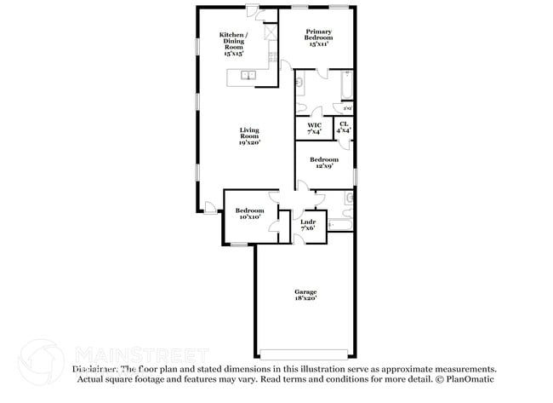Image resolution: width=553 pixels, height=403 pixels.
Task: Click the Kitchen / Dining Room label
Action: pyautogui.click(x=233, y=43)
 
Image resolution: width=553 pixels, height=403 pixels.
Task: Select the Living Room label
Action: pyautogui.click(x=248, y=136)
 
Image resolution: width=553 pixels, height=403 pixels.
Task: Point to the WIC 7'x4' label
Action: pyautogui.click(x=315, y=128)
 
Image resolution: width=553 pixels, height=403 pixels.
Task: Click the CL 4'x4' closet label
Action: pyautogui.click(x=344, y=128)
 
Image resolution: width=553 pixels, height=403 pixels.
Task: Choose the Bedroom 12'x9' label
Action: pyautogui.click(x=323, y=163)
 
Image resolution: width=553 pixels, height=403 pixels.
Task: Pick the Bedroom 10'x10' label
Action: pyautogui.click(x=249, y=214)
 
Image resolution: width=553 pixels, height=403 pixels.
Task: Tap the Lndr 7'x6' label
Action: pyautogui.click(x=308, y=225)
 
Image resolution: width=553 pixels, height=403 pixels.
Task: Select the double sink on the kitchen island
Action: pyautogui.click(x=248, y=76)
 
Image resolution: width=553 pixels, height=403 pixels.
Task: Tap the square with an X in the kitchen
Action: pyautogui.click(x=271, y=32)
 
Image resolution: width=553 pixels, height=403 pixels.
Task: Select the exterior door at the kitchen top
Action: pyautogui.click(x=254, y=10)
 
